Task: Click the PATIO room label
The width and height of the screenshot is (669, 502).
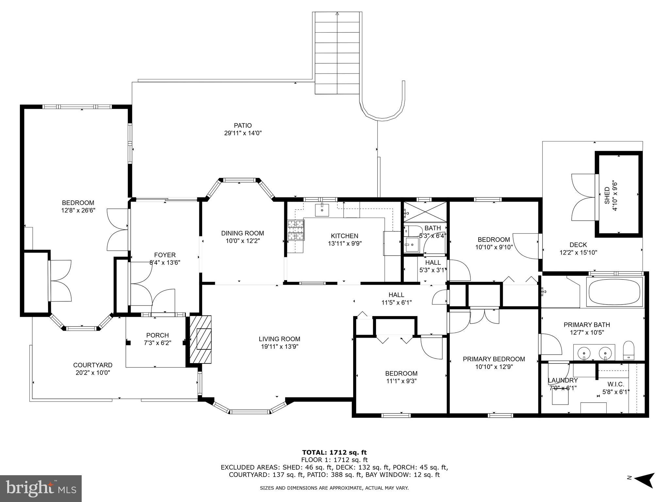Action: [x=243, y=125]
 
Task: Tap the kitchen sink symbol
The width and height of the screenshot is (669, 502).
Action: [x=322, y=210]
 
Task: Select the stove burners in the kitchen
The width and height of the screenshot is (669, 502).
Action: [x=296, y=230]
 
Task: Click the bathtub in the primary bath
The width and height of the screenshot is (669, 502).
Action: [x=614, y=292]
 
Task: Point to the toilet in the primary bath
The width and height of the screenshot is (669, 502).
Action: [x=628, y=350]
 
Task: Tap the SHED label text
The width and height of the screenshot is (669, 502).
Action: [x=607, y=195]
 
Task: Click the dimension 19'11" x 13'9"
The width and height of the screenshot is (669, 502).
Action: [x=279, y=347]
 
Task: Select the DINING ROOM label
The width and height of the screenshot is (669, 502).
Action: [x=242, y=233]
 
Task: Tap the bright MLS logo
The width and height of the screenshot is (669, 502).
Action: [x=41, y=489]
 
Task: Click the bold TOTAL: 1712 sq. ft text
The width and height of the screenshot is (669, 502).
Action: [x=334, y=453]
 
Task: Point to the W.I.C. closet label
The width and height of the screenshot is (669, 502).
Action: [x=615, y=384]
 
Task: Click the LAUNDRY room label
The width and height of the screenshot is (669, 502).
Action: [x=563, y=380]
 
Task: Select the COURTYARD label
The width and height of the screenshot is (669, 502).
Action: [x=93, y=365]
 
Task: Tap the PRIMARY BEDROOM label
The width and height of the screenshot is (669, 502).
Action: [x=494, y=359]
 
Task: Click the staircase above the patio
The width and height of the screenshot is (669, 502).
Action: [x=337, y=53]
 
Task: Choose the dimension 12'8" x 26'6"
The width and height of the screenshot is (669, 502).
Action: [x=78, y=211]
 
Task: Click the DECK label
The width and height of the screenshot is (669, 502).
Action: [x=578, y=245]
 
